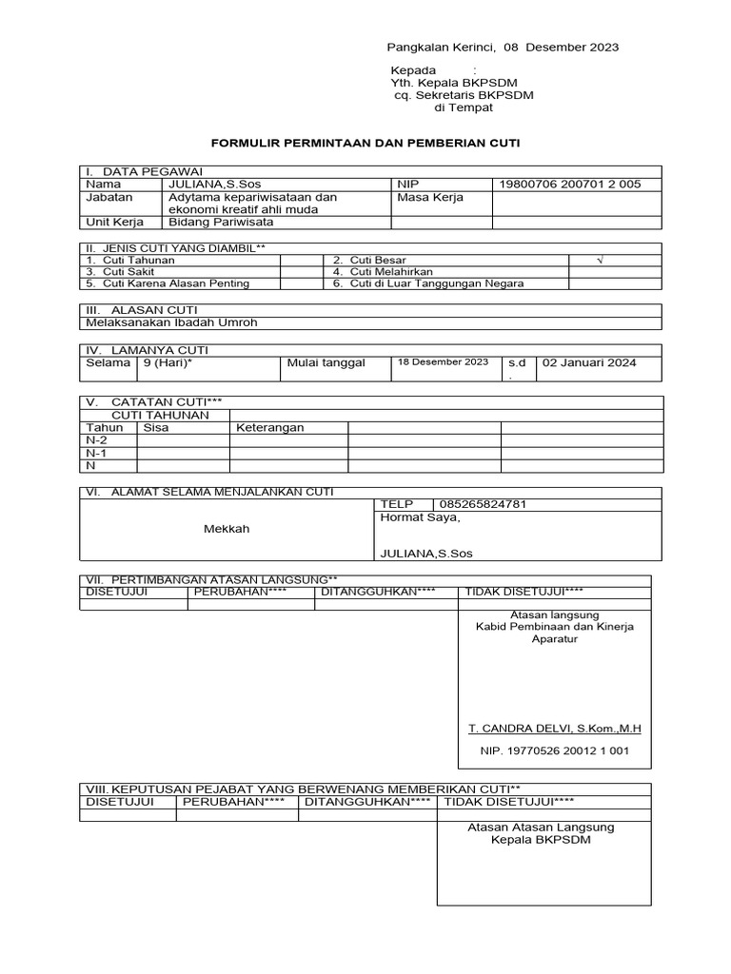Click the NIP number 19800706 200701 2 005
(x=570, y=185)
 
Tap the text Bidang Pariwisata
(x=221, y=222)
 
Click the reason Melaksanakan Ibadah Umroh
(x=172, y=321)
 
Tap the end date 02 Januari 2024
(x=589, y=362)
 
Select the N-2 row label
(x=96, y=440)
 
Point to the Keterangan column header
(x=270, y=427)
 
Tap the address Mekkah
(x=227, y=529)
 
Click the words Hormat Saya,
(x=420, y=517)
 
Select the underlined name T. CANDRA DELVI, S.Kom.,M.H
(x=555, y=729)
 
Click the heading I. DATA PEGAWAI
(x=147, y=170)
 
